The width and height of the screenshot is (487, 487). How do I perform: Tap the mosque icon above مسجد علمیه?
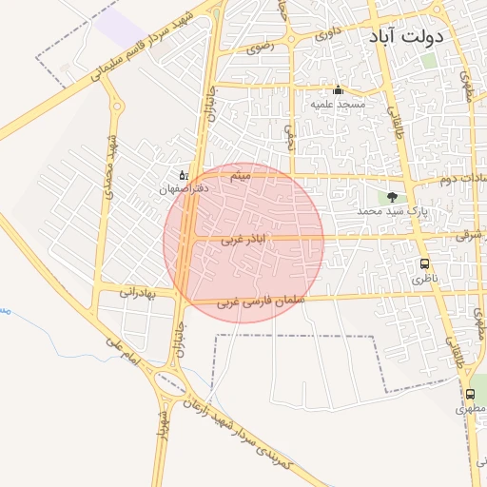pyautogui.click(x=338, y=90)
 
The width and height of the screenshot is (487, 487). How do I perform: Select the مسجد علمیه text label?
pyautogui.click(x=339, y=104)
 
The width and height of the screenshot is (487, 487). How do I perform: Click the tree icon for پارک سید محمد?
pyautogui.click(x=393, y=197)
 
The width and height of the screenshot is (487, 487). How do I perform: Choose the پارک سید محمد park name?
pyautogui.click(x=392, y=210)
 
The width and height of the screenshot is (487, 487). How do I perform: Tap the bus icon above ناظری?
pyautogui.click(x=423, y=265)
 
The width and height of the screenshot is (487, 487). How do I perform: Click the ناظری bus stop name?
pyautogui.click(x=422, y=280)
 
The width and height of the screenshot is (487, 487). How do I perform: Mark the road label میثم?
pyautogui.click(x=242, y=177)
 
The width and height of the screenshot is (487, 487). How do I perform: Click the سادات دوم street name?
pyautogui.click(x=463, y=179)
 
